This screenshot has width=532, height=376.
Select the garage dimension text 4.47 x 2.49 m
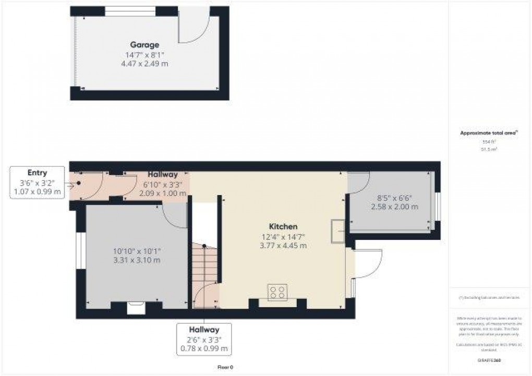click(144, 63)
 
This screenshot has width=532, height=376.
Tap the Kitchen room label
click(283, 226)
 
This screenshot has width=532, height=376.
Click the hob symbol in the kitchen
click(276, 293)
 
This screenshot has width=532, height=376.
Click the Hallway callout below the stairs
click(204, 330)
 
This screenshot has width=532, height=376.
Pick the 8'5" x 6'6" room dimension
click(394, 198)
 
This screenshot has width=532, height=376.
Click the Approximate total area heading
click(488, 134)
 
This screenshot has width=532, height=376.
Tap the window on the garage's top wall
click(130, 10)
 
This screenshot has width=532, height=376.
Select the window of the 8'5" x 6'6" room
click(438, 207)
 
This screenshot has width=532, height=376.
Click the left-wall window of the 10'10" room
click(80, 251)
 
